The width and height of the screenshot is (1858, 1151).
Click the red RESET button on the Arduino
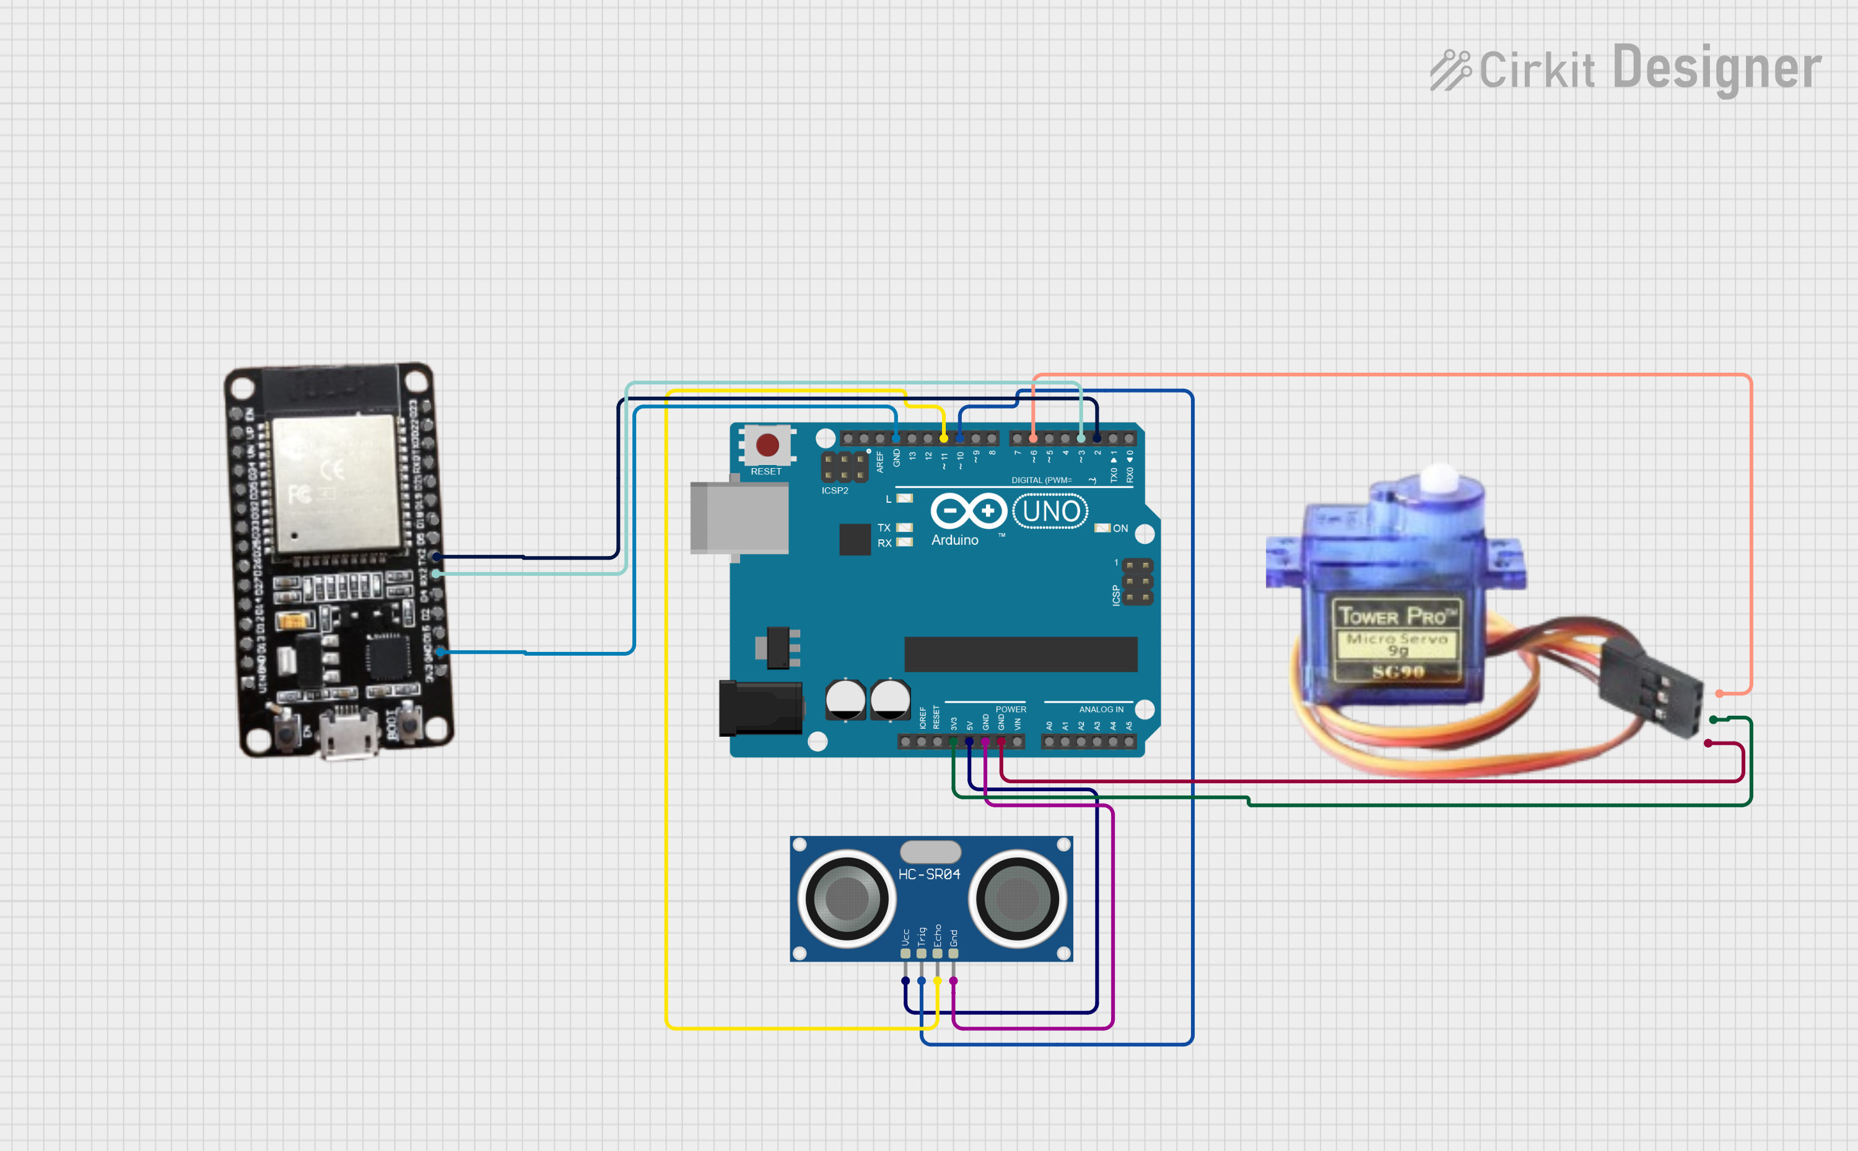(x=767, y=445)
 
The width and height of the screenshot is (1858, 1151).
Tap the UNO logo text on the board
(x=1051, y=511)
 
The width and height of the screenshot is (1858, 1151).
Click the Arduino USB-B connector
(x=739, y=518)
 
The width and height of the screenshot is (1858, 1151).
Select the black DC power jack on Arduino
(x=760, y=708)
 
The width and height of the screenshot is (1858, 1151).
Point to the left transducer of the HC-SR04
(x=847, y=899)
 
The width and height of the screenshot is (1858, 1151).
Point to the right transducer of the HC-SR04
(x=1018, y=899)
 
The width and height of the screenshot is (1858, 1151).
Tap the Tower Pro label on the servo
(x=1397, y=615)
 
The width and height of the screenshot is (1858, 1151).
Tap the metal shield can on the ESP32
(x=336, y=484)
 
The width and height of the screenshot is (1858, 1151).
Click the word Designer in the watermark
(x=1716, y=69)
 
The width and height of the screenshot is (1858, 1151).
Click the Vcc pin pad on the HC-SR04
(x=905, y=953)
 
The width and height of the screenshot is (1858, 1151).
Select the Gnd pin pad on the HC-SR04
(x=953, y=953)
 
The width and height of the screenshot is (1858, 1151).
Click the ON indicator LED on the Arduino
(x=1102, y=528)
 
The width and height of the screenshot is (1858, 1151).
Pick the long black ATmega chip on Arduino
(x=1021, y=654)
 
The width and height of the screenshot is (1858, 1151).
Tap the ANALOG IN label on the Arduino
(x=1101, y=710)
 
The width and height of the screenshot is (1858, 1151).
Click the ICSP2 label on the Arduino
(x=835, y=491)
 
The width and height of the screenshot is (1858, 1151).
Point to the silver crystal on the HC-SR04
(x=930, y=851)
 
